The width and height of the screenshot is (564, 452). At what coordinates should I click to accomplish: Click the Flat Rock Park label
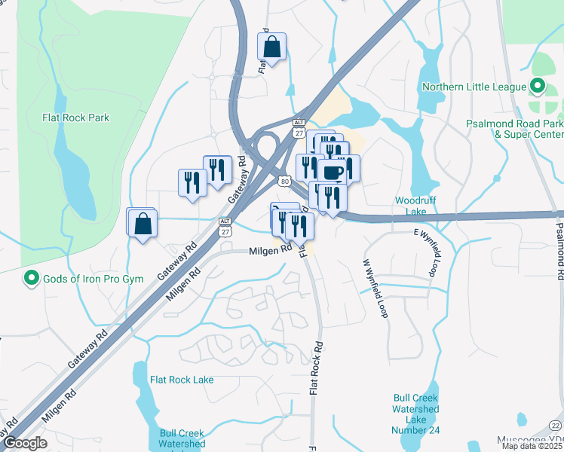tap(75, 118)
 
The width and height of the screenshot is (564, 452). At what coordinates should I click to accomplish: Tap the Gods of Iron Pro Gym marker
tap(31, 279)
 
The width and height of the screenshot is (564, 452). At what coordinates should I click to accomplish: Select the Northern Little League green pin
tap(538, 87)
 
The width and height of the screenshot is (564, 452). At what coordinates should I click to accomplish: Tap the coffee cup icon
tap(333, 173)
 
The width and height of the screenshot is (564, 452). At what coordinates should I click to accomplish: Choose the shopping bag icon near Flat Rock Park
tap(142, 224)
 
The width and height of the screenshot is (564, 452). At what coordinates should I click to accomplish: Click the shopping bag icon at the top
tap(272, 47)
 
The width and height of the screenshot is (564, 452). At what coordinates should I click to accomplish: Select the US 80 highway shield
tap(283, 181)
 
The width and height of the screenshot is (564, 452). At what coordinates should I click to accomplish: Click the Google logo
tap(25, 444)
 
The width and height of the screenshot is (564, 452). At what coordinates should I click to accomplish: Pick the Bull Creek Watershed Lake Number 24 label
tap(415, 414)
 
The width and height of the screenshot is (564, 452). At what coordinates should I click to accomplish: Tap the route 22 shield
tap(555, 426)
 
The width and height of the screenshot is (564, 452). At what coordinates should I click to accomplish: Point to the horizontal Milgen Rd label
tap(270, 250)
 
